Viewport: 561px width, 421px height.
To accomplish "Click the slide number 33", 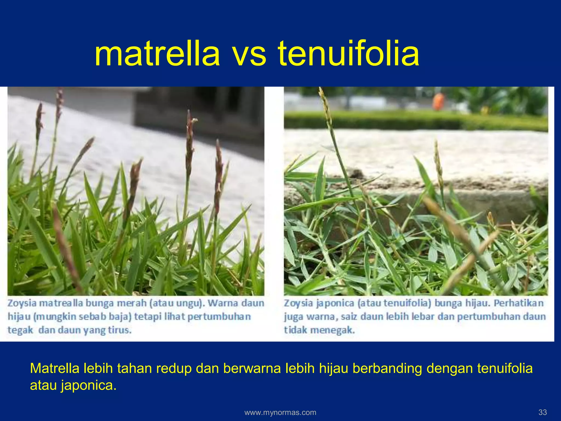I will [x=542, y=412].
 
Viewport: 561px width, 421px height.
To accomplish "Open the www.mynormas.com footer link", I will [x=280, y=413].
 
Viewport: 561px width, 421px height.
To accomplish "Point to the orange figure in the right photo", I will [x=438, y=102].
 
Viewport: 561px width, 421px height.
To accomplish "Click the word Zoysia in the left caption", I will [x=22, y=303].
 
